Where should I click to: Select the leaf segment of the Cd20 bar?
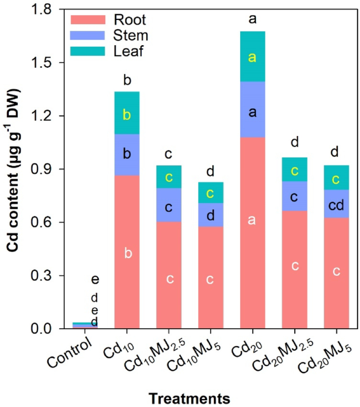point(252,57)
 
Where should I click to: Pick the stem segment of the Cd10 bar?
point(127,154)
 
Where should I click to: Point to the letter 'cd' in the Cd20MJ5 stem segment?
point(336,205)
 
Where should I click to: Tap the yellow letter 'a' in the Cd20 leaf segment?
point(252,58)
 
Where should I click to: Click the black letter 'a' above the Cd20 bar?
point(252,20)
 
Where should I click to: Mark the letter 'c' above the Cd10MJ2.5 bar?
point(169,154)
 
